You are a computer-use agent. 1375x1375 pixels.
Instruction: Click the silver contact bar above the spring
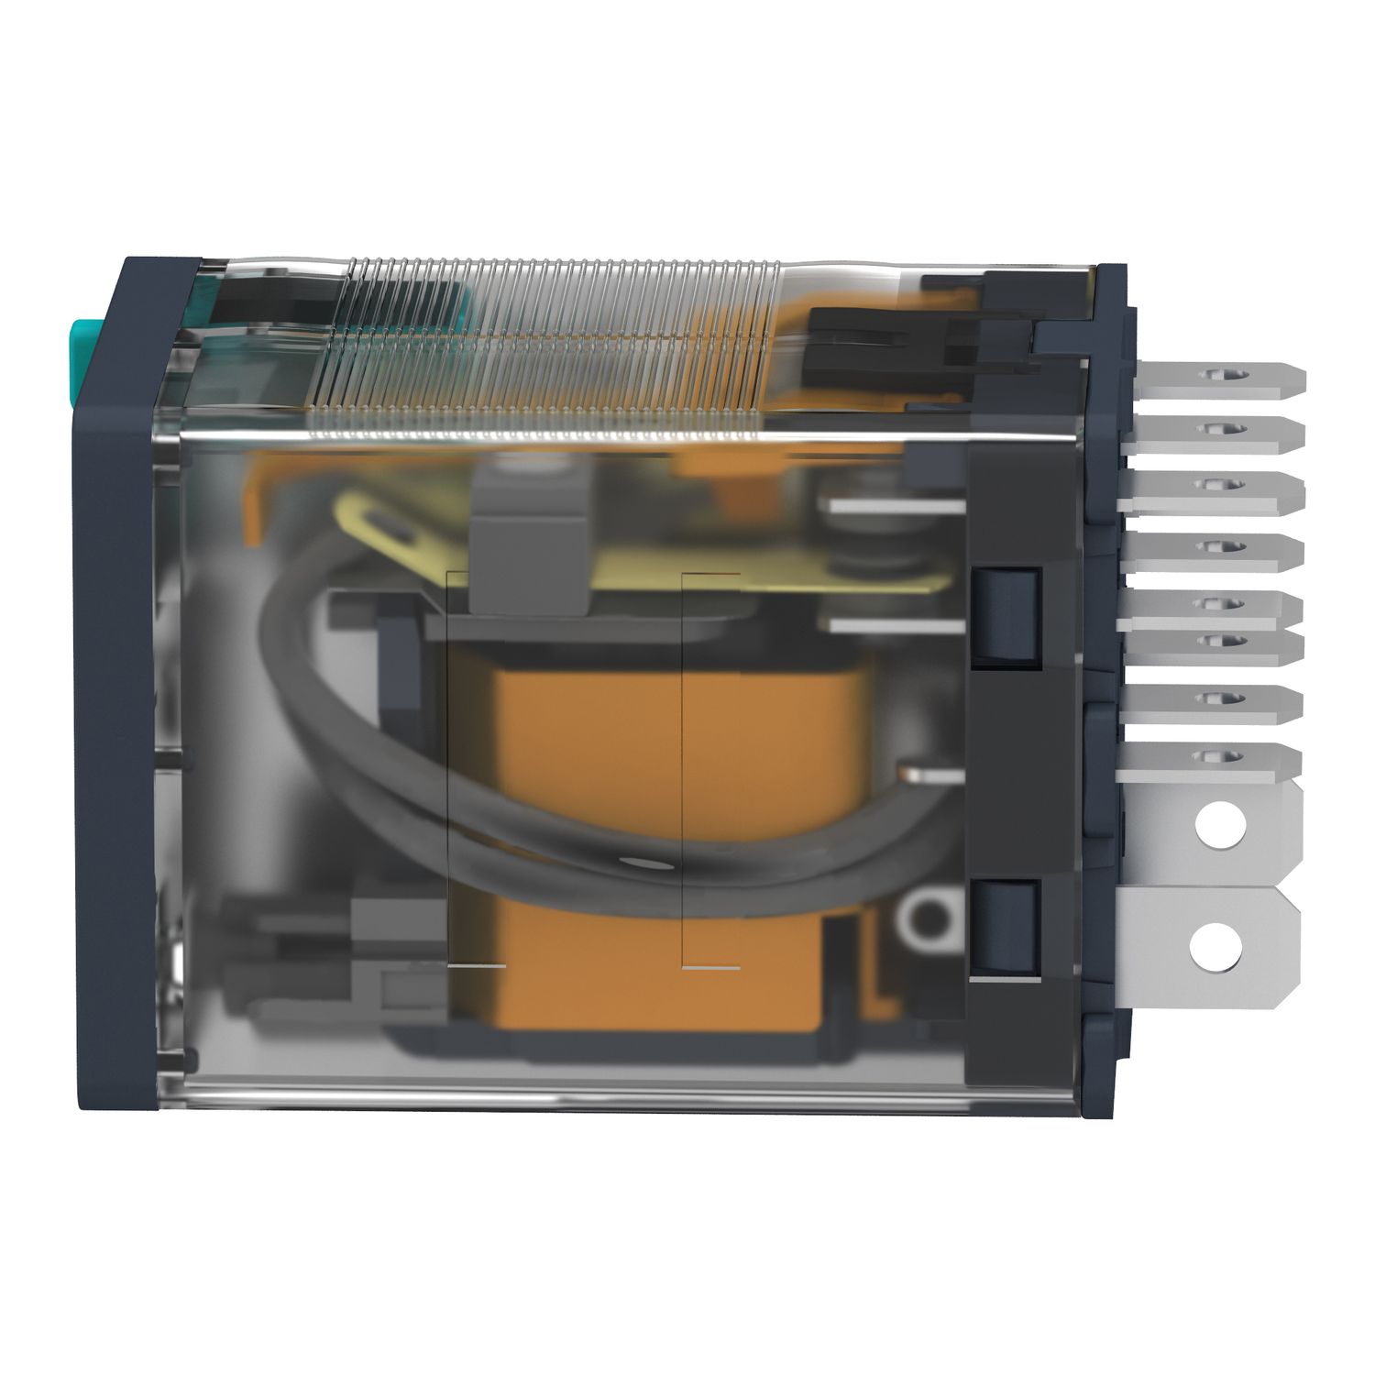pyautogui.click(x=894, y=505)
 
